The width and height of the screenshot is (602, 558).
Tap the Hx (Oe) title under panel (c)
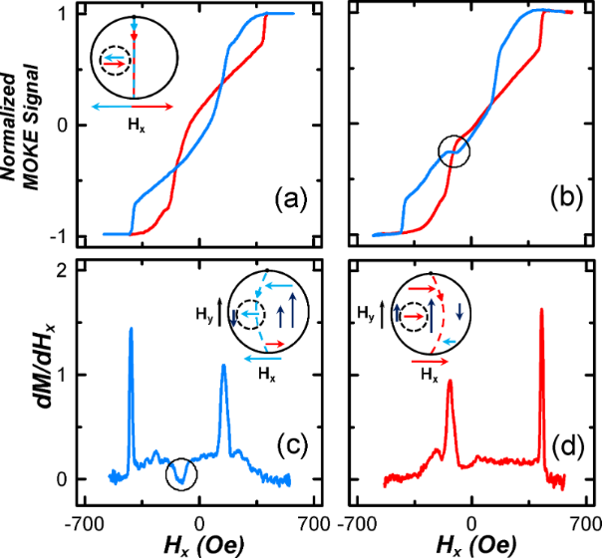pyautogui.click(x=199, y=544)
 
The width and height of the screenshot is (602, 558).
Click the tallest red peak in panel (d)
pyautogui.click(x=541, y=310)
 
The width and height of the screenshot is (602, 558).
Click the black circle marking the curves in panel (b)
pyautogui.click(x=453, y=150)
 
